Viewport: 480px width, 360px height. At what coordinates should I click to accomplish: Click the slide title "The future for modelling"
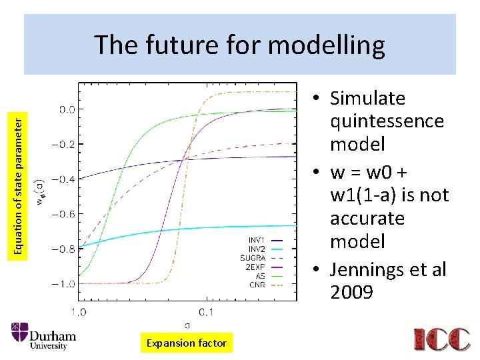(x=239, y=45)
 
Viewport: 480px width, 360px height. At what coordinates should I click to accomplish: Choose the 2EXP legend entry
(x=264, y=267)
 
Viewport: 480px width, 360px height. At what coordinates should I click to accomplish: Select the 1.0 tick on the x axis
(x=78, y=312)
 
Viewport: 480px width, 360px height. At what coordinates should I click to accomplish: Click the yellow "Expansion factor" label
(x=186, y=343)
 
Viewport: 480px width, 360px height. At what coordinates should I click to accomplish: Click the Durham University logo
(x=43, y=336)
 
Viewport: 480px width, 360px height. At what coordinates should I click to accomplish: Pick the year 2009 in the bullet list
(x=351, y=293)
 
